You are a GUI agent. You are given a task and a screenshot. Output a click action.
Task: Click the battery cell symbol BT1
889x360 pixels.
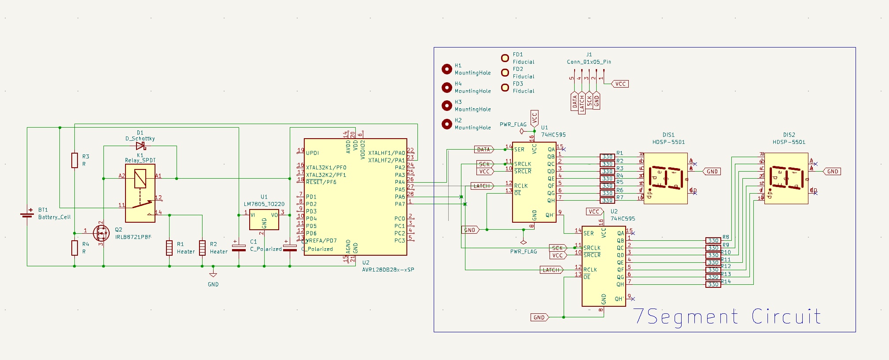[x=27, y=214]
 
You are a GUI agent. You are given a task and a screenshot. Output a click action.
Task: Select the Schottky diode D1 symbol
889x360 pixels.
[x=141, y=146]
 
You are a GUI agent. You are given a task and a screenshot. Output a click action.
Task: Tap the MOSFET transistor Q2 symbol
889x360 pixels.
[x=101, y=232]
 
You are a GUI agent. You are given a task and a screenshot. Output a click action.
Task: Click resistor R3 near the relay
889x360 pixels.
[x=75, y=160]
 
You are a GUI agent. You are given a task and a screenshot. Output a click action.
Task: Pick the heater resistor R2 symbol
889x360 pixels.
[x=202, y=248]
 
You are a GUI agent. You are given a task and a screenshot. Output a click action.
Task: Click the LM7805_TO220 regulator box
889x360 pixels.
[x=264, y=220]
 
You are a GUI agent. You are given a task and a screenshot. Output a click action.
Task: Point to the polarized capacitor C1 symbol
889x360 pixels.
[x=239, y=248]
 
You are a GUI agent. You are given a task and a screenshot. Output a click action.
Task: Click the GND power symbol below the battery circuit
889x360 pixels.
[x=213, y=275]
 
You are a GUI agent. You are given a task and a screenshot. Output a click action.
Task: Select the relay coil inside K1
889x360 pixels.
[x=140, y=178]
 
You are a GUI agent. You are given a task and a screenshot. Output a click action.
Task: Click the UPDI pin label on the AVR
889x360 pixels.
[x=312, y=153]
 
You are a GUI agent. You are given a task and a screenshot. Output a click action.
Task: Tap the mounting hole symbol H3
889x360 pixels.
[x=447, y=106]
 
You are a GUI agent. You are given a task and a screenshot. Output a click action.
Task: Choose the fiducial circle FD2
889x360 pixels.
[x=505, y=73]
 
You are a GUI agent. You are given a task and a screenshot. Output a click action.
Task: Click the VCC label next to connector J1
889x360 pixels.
[x=620, y=84]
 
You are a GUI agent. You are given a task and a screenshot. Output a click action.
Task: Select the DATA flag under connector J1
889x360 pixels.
[x=575, y=102]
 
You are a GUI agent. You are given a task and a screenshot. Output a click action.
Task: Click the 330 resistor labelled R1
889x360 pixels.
[x=607, y=157]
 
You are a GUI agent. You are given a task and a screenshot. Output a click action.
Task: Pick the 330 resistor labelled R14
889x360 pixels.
[x=713, y=284]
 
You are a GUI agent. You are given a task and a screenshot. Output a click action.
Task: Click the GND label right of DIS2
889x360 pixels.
[x=832, y=172]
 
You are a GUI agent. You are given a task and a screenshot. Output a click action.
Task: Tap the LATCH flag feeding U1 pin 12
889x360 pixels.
[x=482, y=186]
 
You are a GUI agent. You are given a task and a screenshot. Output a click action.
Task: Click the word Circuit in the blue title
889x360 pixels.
[x=786, y=316]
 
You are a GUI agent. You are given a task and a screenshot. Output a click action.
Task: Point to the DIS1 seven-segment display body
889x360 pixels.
[x=665, y=178]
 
